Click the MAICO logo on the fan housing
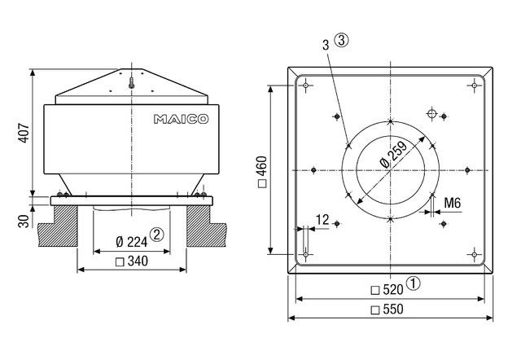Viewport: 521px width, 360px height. click(x=180, y=119)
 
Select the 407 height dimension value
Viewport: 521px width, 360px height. click(x=24, y=133)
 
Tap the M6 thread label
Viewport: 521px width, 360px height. click(x=452, y=202)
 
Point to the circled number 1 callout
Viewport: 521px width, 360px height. click(x=414, y=284)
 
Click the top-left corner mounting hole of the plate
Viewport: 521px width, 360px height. click(x=305, y=85)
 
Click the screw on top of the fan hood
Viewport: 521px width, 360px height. click(x=131, y=81)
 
